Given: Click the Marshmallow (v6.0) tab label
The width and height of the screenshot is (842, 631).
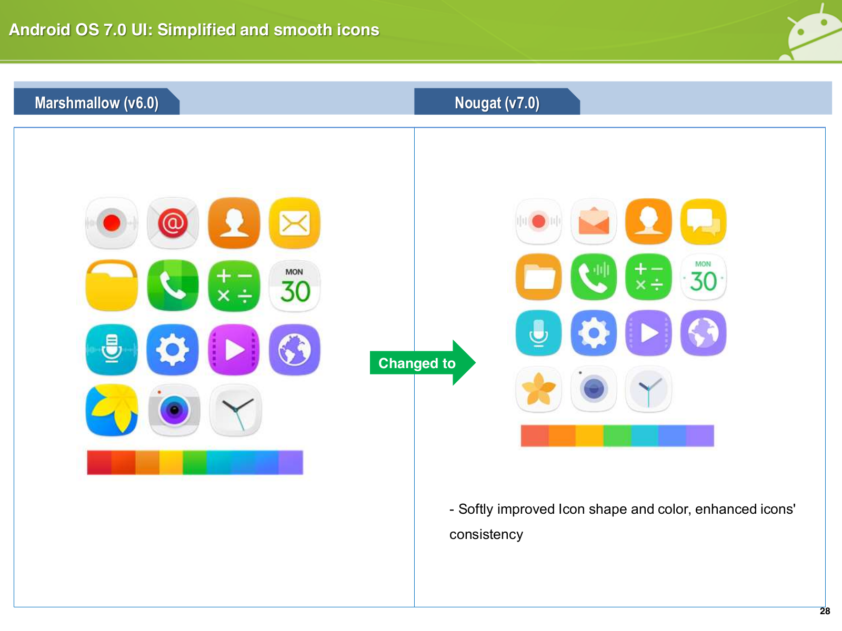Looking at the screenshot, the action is point(97,103).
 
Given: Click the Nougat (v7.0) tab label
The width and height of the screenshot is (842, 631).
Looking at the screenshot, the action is point(497,103).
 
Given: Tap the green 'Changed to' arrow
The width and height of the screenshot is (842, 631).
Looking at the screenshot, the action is point(423,362).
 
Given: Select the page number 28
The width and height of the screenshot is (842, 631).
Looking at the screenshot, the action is point(825,611).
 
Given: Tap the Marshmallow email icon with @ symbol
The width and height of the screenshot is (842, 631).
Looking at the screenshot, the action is point(173,223).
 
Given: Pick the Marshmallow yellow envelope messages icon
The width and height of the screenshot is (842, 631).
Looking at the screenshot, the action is point(295,223).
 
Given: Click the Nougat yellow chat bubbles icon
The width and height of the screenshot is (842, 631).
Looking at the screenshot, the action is point(704,221).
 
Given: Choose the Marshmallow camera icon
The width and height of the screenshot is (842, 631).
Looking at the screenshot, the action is point(174,410).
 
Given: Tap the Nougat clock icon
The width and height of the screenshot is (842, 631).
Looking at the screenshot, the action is point(648,389).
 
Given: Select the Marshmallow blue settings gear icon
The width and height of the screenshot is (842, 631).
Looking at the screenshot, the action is point(173,349).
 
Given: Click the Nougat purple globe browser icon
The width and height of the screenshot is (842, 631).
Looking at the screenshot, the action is point(704,333).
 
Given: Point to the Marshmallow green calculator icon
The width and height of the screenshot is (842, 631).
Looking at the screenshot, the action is point(234,286).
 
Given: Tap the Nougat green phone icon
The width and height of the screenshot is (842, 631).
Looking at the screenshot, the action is point(594,277).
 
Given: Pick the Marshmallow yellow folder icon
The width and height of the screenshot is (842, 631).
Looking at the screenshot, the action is point(112,286).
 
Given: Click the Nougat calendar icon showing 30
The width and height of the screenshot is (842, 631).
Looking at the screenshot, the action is point(704,277).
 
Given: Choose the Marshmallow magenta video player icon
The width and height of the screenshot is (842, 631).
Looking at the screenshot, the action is point(234,349).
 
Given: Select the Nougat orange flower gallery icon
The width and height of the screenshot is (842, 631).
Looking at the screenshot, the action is point(538,389).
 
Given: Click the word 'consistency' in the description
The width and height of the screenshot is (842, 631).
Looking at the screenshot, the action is point(486,534).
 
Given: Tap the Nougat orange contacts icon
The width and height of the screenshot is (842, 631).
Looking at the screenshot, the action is point(649,221).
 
